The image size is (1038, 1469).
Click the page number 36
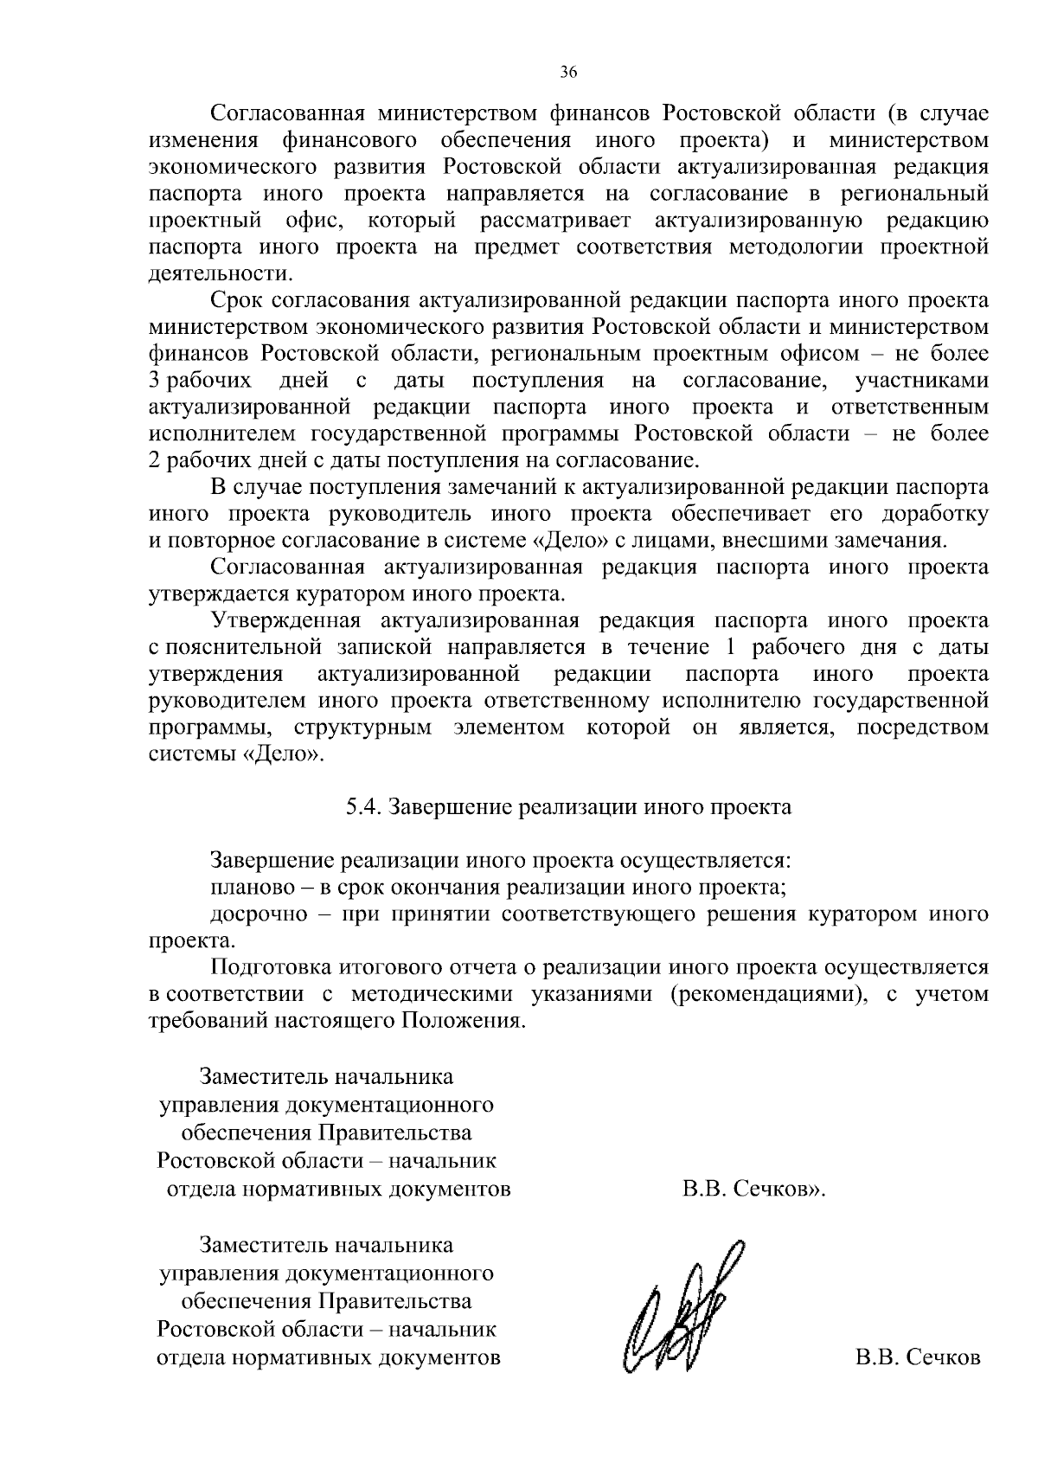[568, 73]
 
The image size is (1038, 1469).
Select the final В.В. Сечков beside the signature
[918, 1357]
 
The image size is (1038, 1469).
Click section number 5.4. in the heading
[363, 807]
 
